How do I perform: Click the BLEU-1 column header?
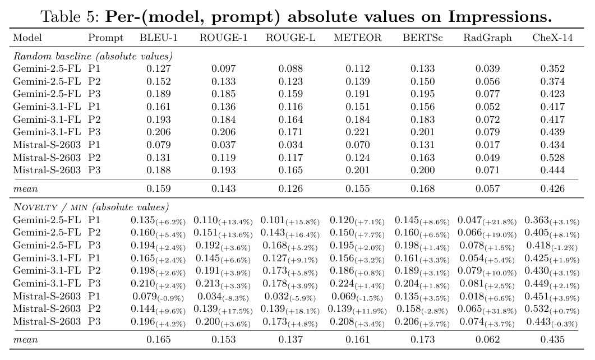tap(158, 38)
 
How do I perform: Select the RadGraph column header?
tap(487, 38)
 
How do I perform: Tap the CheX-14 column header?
tap(552, 38)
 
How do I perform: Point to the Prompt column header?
tap(105, 38)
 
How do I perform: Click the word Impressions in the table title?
tap(500, 17)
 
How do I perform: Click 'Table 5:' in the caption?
tap(70, 17)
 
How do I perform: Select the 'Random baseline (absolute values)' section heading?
tap(93, 57)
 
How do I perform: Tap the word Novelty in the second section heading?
tap(35, 207)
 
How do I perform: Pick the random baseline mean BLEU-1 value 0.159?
tap(159, 188)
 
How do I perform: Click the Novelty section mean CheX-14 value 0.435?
tap(552, 339)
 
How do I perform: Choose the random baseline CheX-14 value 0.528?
tap(552, 158)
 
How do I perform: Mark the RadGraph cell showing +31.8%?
tap(487, 310)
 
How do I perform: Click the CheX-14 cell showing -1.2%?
tap(552, 246)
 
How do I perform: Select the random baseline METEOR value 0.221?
tap(357, 132)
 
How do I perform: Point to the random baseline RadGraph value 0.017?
tap(488, 145)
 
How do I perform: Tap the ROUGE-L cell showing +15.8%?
tap(290, 221)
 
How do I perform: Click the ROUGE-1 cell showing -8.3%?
tap(223, 297)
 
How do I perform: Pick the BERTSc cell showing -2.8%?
tap(422, 310)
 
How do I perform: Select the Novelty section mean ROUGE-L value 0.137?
tap(290, 339)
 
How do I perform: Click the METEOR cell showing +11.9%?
tap(357, 310)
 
